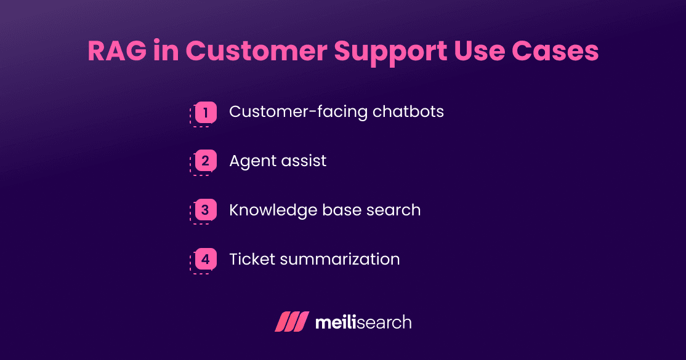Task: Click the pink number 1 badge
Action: pyautogui.click(x=206, y=113)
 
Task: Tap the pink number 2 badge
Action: pyautogui.click(x=206, y=162)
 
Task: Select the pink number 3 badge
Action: pyautogui.click(x=206, y=210)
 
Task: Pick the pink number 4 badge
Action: pyautogui.click(x=206, y=260)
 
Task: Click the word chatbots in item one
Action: pyautogui.click(x=408, y=112)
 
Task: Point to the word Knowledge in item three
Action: pyautogui.click(x=273, y=210)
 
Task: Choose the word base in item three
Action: pyautogui.click(x=341, y=210)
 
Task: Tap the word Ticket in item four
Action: pyautogui.click(x=251, y=260)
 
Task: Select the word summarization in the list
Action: pyautogui.click(x=340, y=260)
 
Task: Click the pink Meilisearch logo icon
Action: pyautogui.click(x=291, y=322)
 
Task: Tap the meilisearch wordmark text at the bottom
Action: pyautogui.click(x=363, y=322)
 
